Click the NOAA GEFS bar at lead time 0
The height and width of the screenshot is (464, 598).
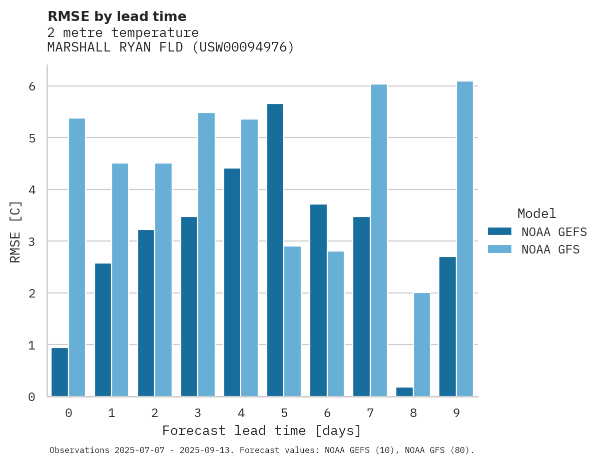(x=60, y=372)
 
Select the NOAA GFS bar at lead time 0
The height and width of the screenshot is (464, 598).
(x=77, y=257)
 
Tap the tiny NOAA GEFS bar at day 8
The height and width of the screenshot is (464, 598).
(x=404, y=392)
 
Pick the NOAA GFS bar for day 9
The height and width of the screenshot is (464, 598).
(x=465, y=238)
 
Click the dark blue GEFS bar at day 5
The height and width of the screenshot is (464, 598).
(x=275, y=250)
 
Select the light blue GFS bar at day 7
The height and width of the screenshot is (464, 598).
(x=379, y=240)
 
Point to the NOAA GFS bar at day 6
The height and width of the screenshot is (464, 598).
(x=336, y=323)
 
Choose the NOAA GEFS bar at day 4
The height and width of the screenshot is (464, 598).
(x=232, y=282)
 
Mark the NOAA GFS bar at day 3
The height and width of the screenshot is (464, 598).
(x=206, y=254)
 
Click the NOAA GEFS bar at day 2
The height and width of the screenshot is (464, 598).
(x=146, y=313)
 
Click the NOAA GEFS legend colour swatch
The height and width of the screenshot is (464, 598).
(x=499, y=231)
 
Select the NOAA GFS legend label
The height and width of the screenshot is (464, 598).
(x=550, y=249)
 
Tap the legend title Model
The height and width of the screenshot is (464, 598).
(x=536, y=213)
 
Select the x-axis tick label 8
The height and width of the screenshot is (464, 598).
(x=413, y=413)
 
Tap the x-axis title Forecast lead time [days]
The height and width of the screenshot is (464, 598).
(x=261, y=430)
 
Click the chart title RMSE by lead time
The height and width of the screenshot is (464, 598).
(x=117, y=16)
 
